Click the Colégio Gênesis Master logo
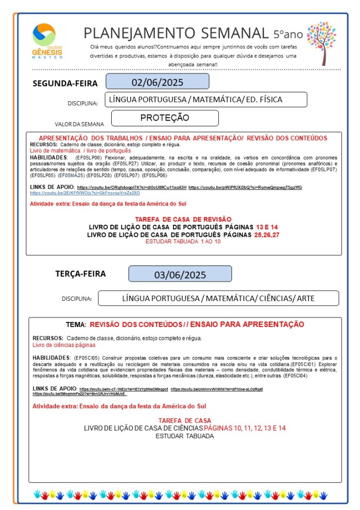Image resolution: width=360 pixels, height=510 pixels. point(44,41)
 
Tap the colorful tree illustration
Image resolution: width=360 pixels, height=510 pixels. point(322,42)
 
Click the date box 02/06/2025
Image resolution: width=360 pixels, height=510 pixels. point(157,82)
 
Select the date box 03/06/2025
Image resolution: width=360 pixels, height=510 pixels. point(180,275)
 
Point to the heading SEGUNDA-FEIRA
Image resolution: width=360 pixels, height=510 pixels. point(65,83)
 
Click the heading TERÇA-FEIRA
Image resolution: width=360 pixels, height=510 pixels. point(80,274)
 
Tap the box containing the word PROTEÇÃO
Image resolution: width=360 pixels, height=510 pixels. point(165,118)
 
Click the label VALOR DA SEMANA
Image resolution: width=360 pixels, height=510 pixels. point(79,124)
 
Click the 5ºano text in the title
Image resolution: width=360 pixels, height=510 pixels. point(288,34)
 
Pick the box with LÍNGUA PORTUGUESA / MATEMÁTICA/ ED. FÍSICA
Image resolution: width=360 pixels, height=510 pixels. point(205,100)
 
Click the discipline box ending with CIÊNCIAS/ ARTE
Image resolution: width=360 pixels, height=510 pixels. point(218,299)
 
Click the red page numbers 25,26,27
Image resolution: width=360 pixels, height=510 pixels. point(267,234)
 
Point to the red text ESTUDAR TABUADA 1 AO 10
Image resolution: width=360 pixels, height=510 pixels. point(182,241)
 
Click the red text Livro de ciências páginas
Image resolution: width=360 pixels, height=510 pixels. point(64,345)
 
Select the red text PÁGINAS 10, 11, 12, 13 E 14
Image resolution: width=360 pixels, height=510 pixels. point(245,428)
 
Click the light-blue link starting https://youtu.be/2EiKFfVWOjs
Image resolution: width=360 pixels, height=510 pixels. point(85,192)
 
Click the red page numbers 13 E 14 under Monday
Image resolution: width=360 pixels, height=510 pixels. point(267,227)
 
